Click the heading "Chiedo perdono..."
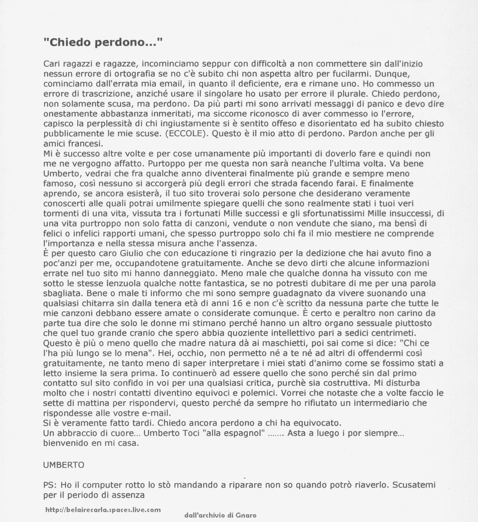click(103, 42)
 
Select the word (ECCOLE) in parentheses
click(185, 133)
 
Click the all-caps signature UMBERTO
click(63, 465)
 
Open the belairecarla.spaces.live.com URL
click(103, 510)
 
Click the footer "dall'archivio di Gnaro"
click(220, 515)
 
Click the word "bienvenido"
click(63, 443)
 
